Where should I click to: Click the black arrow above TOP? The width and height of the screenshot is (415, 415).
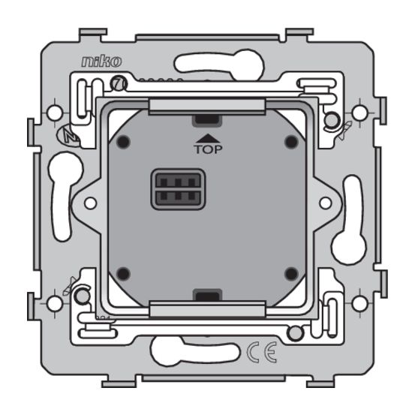pyautogui.click(x=206, y=137)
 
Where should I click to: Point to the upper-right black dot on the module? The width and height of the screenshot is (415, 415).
pyautogui.click(x=291, y=140)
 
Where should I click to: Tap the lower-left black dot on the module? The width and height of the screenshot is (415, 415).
pyautogui.click(x=124, y=272)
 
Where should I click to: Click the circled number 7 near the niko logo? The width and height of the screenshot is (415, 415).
pyautogui.click(x=117, y=84)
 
